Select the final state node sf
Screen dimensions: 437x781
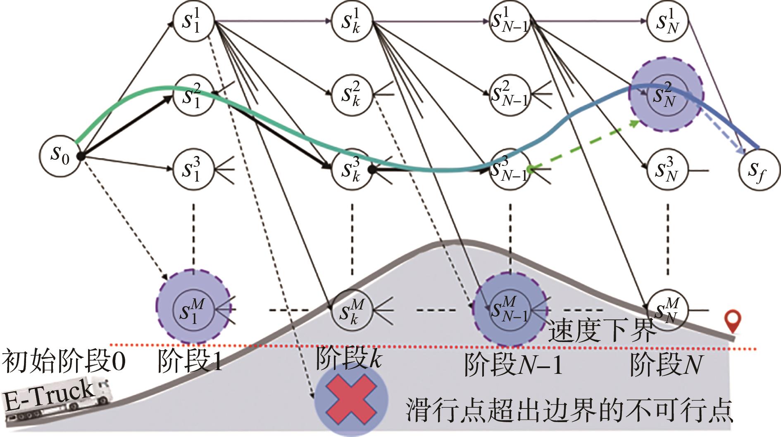click(x=759, y=170)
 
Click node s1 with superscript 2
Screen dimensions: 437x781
click(x=193, y=95)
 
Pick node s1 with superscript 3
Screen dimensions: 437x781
click(x=193, y=169)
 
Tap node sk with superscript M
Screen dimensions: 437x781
click(x=352, y=309)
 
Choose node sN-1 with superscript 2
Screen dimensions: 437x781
click(x=510, y=95)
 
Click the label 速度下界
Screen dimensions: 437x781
click(x=602, y=330)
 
